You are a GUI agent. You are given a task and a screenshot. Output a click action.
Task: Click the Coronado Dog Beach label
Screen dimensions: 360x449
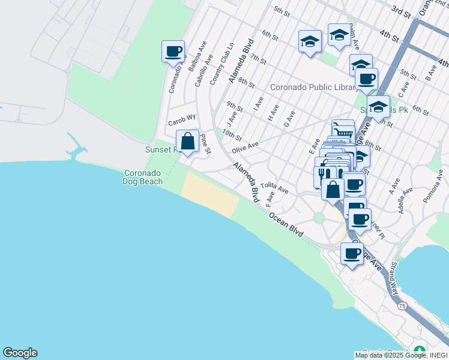pos(142,176)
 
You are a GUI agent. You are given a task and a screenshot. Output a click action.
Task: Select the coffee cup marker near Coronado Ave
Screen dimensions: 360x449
pos(173,51)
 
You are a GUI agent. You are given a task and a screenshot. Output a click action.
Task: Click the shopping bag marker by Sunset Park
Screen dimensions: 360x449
pos(188,142)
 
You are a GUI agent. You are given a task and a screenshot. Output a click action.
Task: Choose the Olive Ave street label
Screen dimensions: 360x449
pos(245,148)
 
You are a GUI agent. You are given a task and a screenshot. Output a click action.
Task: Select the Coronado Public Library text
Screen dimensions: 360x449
pos(313,87)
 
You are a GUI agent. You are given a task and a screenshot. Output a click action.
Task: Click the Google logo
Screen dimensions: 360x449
pos(20,353)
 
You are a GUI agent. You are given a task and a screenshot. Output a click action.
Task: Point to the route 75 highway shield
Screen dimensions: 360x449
pos(402,305)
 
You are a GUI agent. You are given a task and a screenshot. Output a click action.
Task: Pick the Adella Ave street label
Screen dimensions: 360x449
pos(405,200)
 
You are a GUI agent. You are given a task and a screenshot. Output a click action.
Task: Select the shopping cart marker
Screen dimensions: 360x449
pos(343,130)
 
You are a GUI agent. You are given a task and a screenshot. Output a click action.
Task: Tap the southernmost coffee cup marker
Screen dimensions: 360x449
pos(352,253)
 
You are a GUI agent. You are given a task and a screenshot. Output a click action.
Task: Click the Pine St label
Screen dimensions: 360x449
pos(205,144)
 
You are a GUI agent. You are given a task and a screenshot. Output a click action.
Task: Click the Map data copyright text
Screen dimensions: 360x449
pos(400,355)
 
